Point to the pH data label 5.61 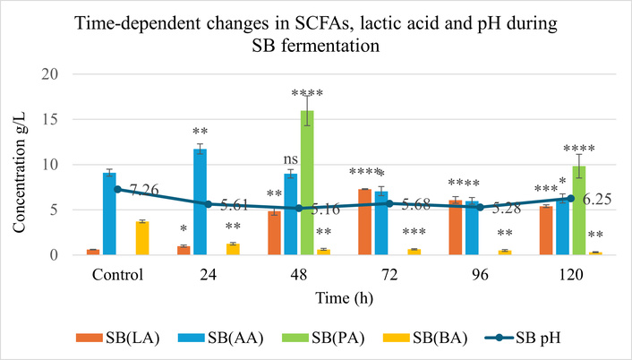coord(237,205)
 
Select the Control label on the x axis coord(117,270)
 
